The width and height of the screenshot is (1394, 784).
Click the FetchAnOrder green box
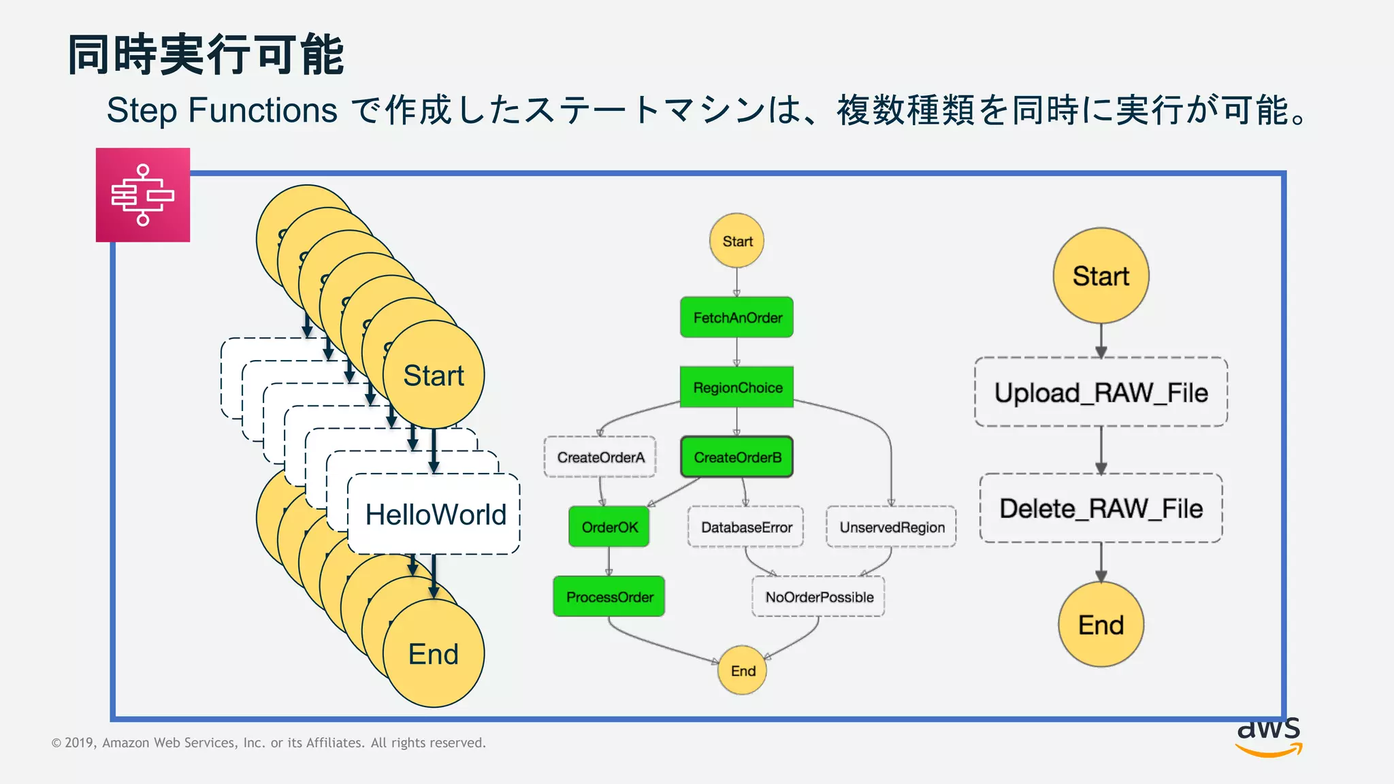(736, 317)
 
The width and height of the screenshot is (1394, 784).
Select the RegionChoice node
(736, 387)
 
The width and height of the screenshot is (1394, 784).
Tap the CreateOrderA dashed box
(600, 457)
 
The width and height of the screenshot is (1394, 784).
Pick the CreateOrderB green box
(736, 457)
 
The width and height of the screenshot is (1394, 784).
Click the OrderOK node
(609, 527)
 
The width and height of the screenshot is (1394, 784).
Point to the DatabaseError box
(746, 527)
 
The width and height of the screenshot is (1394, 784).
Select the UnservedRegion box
(891, 527)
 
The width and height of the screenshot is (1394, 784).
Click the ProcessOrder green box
(609, 597)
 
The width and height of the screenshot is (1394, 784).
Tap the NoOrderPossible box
(818, 597)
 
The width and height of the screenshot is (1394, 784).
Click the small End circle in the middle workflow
(743, 670)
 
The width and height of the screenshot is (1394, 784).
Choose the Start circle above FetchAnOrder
(736, 241)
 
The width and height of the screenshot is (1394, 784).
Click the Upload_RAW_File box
(1101, 392)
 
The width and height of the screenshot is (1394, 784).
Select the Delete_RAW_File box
(1101, 508)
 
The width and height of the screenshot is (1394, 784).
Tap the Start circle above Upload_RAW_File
(1101, 276)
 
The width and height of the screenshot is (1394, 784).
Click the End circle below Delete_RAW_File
(1101, 624)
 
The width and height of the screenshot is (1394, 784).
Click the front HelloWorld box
(435, 514)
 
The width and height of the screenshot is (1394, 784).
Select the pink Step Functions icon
(143, 195)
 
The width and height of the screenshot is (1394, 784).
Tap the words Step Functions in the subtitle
(222, 110)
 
